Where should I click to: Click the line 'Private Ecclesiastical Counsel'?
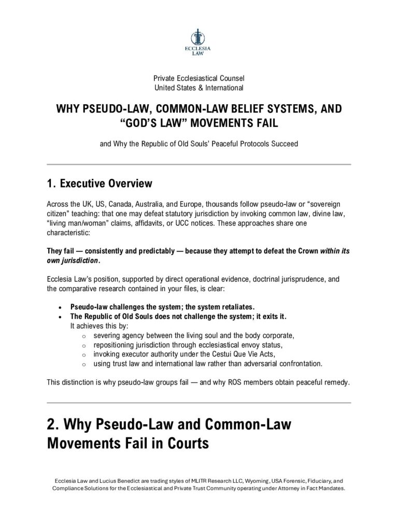(x=198, y=78)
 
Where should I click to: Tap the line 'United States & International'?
(x=198, y=88)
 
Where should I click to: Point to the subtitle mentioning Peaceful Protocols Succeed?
(x=198, y=143)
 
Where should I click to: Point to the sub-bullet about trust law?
(x=208, y=364)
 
